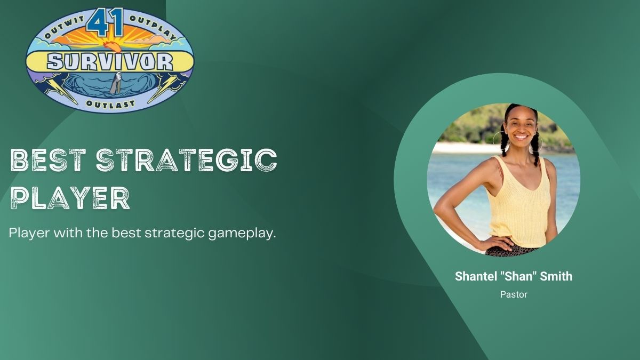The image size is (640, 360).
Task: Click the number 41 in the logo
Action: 105,22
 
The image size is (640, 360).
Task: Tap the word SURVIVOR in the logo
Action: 110,62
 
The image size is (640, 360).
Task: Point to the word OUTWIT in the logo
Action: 65,28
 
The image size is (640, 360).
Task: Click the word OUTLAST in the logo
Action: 110,103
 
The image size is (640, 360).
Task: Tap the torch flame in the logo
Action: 112,46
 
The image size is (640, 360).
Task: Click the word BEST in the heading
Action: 48,161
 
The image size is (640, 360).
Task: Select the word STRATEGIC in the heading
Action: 187,160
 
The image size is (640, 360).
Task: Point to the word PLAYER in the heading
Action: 70,198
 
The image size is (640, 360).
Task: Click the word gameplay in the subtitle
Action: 242,234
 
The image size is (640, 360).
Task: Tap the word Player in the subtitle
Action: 29,233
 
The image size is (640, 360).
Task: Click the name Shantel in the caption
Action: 475,276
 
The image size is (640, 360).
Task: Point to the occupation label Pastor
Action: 514,294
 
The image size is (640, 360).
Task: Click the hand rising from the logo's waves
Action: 116,82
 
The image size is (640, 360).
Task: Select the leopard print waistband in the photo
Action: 511,251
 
